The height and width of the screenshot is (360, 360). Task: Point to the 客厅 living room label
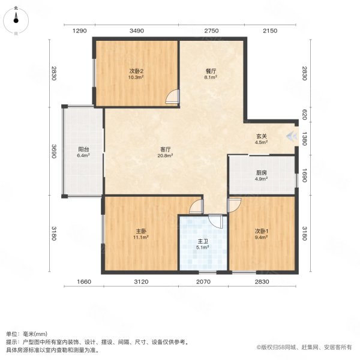(x=165, y=152)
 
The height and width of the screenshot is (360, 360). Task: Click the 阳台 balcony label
(x=83, y=152)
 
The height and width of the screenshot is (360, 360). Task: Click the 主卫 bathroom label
(x=203, y=244)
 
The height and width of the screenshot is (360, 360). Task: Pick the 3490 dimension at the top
(x=136, y=31)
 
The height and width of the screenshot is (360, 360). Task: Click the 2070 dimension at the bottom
(x=203, y=281)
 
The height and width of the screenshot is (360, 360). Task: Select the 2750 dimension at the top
(x=211, y=31)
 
